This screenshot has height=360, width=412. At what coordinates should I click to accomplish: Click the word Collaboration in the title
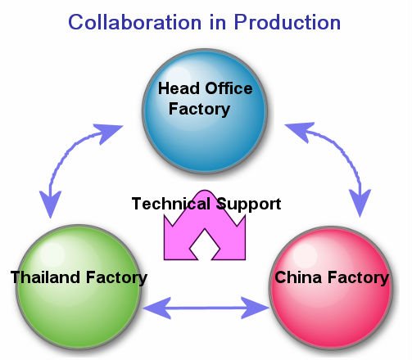134,22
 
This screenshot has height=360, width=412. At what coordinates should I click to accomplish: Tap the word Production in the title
287,22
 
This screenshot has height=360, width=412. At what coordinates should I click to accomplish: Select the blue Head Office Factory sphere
205,111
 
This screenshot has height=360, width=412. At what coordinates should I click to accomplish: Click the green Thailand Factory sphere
79,286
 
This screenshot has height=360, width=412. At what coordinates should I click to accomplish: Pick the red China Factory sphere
331,288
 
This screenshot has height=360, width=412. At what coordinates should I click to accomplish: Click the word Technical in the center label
171,204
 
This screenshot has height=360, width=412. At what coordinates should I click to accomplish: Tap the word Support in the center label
249,205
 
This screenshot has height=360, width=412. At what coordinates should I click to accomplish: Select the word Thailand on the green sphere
45,277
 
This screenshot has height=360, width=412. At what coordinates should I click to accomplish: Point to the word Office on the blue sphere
229,88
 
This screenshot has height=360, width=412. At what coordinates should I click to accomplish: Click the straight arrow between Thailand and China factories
206,308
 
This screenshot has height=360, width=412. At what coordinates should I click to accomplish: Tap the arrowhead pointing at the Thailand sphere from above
50,205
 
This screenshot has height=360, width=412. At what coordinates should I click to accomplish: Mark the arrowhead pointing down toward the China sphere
360,203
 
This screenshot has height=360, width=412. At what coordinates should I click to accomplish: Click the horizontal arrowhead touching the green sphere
156,308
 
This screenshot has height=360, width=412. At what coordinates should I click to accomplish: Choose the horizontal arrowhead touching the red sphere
255,308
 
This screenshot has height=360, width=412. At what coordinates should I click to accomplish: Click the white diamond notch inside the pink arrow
205,245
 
